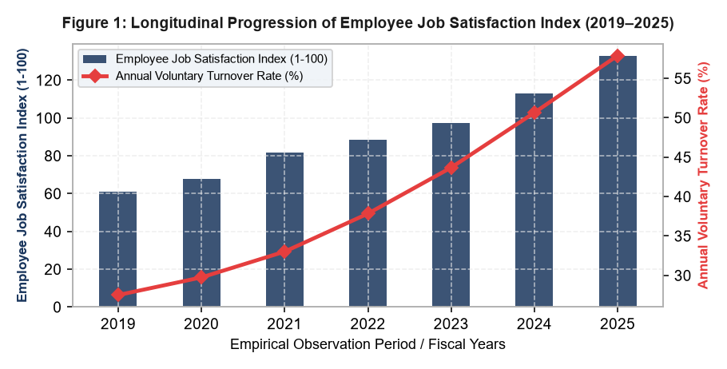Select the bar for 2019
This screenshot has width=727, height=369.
117,249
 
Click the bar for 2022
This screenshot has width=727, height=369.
367,223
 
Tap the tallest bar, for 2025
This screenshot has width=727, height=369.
618,181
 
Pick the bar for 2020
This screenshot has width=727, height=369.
201,243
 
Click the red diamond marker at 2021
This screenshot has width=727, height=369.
284,252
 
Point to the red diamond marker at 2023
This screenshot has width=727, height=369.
451,168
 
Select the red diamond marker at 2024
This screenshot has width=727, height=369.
534,113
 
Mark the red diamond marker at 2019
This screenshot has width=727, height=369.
117,295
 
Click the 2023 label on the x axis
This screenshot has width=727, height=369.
451,323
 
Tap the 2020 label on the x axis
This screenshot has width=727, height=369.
201,323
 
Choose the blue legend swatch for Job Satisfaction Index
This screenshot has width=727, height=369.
94,59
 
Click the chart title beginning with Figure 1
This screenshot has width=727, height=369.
367,22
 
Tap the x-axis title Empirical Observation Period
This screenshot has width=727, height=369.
367,344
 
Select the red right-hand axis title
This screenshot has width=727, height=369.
704,175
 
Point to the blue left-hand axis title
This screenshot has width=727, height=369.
22,175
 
